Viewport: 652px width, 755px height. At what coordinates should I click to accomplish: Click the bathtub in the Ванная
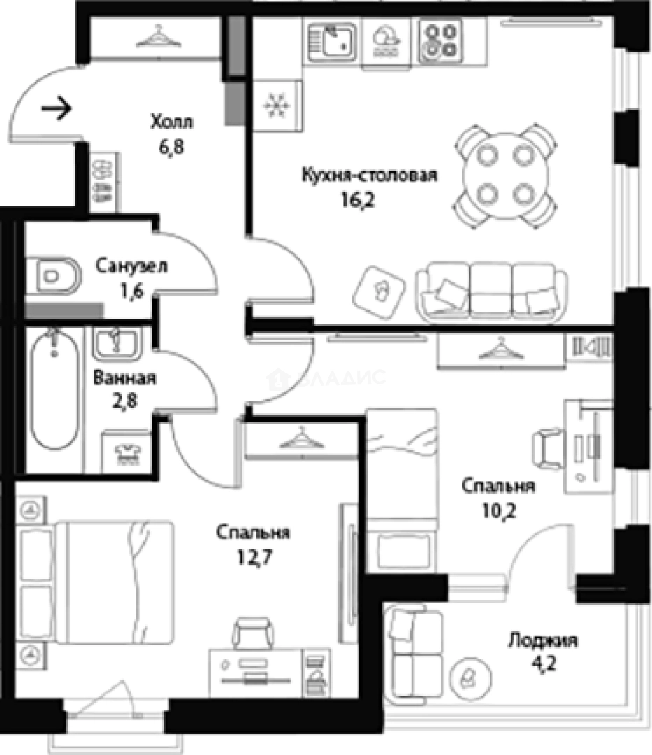point(55,391)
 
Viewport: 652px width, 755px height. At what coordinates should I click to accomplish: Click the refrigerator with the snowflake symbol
point(277,105)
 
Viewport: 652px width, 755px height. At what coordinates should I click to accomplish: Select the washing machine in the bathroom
point(127,451)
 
